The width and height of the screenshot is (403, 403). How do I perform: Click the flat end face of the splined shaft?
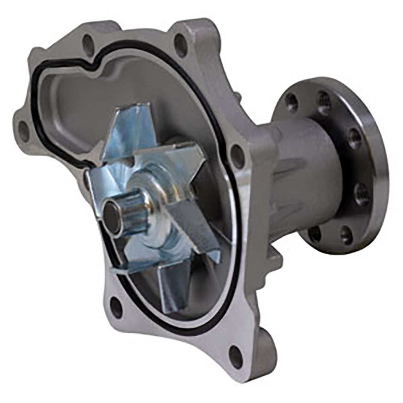[x=112, y=218]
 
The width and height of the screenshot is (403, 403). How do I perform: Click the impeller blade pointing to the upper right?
[x=183, y=161]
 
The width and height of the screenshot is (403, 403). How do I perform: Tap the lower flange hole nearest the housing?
[x=315, y=233]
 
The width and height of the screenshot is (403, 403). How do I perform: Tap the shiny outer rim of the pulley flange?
[x=377, y=169]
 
